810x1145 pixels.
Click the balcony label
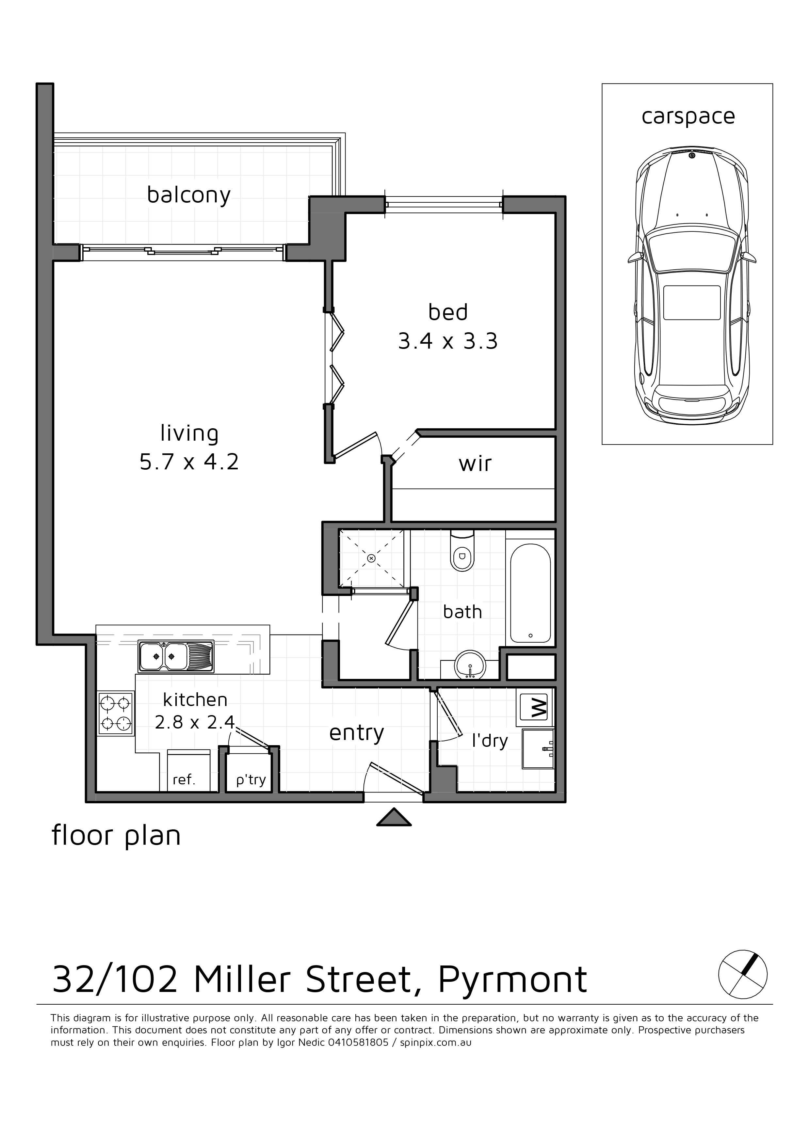coord(189,195)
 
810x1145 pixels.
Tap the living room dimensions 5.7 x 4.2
coord(189,462)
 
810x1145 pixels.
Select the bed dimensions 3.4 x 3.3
coord(448,342)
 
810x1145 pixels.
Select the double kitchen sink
coord(176,656)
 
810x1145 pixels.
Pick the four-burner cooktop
coord(116,713)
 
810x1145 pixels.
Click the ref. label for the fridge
coord(184,780)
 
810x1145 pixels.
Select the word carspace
coord(688,117)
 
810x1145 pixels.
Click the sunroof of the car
coord(692,303)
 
